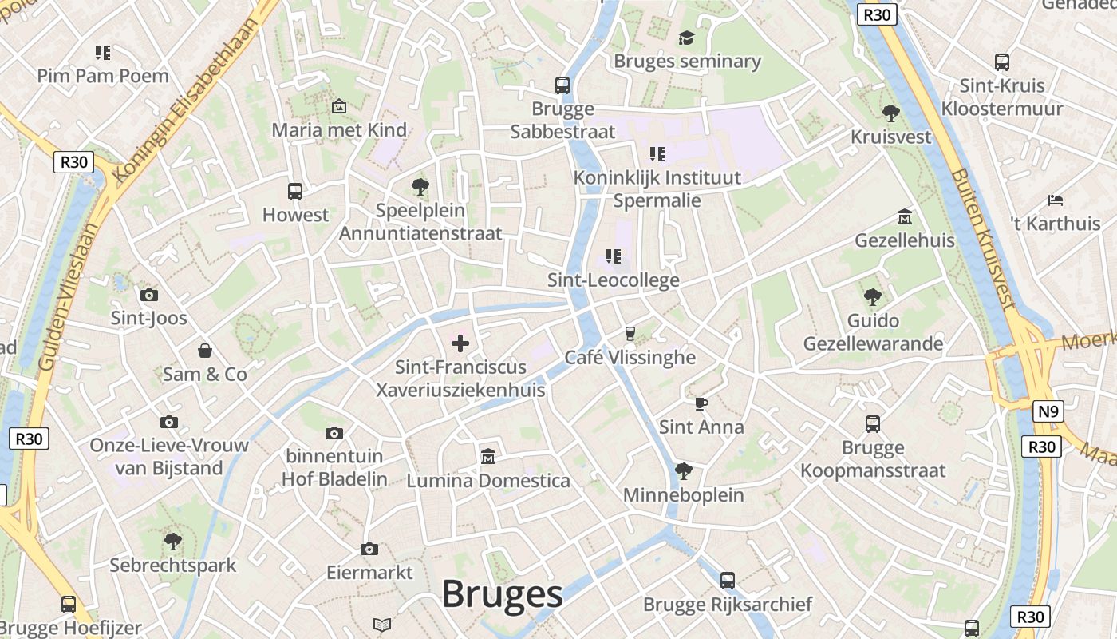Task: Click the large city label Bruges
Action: coord(502,594)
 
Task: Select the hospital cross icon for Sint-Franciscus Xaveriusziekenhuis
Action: coord(460,343)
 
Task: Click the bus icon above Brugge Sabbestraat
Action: coord(562,85)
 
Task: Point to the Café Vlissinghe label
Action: coord(630,357)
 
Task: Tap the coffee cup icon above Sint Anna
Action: coord(701,403)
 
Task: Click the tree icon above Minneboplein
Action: coord(683,471)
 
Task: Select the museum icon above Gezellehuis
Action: coord(905,216)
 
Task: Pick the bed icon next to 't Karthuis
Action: coord(1056,200)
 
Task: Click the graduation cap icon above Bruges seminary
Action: coord(686,38)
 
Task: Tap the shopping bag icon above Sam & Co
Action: coord(205,350)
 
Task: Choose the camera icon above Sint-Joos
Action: coord(149,295)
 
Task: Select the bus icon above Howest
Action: coord(295,191)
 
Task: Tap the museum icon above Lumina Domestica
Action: coord(488,456)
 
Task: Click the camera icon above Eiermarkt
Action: coord(369,549)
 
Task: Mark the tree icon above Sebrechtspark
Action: coord(172,542)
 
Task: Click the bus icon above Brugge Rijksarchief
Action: coord(727,581)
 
